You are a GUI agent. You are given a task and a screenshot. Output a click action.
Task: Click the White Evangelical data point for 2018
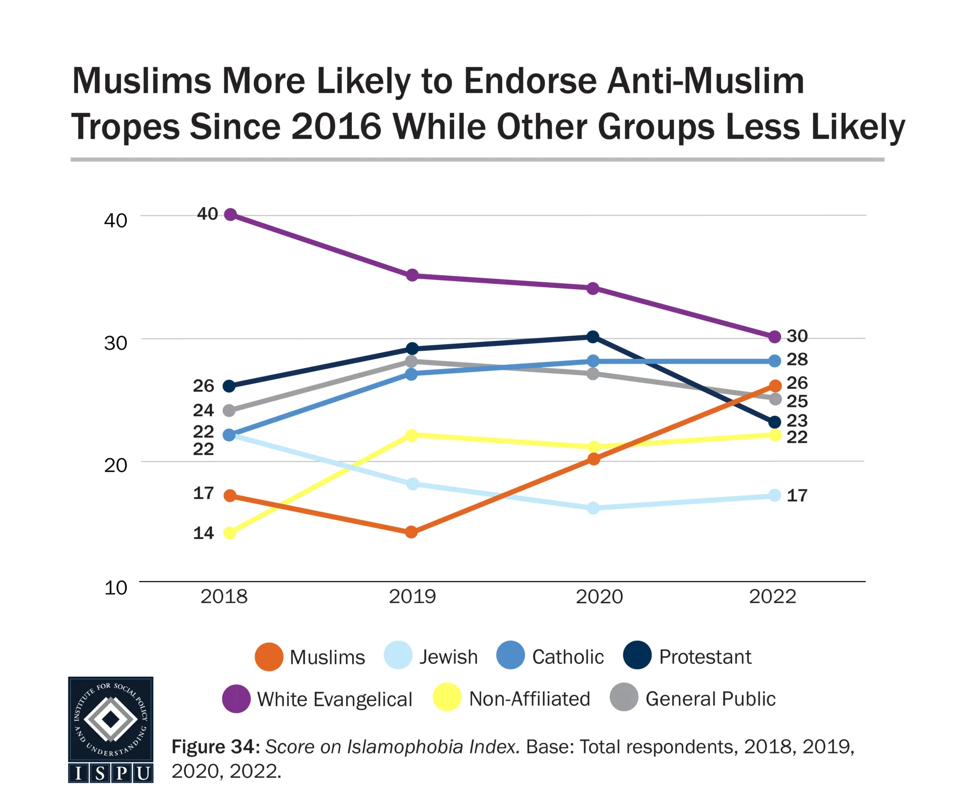[x=230, y=215]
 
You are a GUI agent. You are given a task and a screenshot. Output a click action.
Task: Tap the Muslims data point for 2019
[x=412, y=532]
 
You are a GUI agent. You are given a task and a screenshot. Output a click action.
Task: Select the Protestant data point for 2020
[x=593, y=337]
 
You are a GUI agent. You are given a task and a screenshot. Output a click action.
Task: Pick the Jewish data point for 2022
[x=775, y=495]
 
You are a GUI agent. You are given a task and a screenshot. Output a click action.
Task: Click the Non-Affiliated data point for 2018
[x=230, y=533]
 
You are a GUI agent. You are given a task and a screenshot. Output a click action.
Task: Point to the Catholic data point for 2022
[x=775, y=361]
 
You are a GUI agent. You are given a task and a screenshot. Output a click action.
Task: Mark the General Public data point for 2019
[x=412, y=361]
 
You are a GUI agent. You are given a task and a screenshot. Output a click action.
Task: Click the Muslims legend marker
[x=269, y=656]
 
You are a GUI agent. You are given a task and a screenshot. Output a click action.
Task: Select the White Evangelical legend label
[x=335, y=699]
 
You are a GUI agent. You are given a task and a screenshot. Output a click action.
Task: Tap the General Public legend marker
[x=624, y=698]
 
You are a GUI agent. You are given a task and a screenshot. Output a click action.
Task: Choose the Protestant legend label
[x=705, y=657]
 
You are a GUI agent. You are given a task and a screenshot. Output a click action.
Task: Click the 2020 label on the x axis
[x=599, y=597]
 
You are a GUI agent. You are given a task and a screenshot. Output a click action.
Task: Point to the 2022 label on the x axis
[x=772, y=597]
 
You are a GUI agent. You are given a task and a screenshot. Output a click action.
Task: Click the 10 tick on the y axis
[x=115, y=588]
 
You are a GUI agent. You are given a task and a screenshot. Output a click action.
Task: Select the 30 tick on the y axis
[x=115, y=343]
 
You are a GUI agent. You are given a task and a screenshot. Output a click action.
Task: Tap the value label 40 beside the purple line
[x=207, y=214]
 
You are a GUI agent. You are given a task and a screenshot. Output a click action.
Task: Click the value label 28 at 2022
[x=797, y=360]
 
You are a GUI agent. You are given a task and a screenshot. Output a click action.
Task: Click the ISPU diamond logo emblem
[x=111, y=719]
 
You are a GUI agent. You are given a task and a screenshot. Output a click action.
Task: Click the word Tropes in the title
[x=125, y=127]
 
